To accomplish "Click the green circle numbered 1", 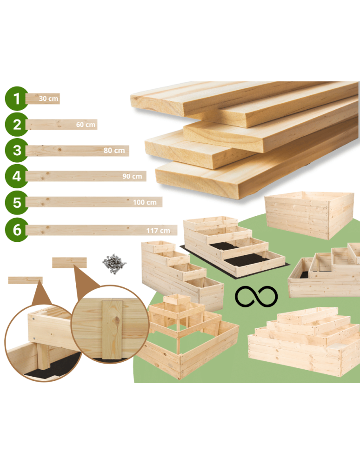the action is (17, 99).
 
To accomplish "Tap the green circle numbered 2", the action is (17, 124).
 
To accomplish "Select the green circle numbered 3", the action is (17, 150).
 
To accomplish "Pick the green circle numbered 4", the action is (17, 176).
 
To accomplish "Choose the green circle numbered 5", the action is (17, 203).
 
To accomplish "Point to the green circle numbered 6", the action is (17, 230).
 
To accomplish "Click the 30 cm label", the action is (48, 99).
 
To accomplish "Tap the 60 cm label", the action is (86, 125).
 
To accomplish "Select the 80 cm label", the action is (114, 150).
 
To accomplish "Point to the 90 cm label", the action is (132, 176).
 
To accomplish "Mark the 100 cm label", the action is (145, 202).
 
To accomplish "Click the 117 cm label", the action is (158, 231).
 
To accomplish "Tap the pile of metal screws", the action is (114, 264).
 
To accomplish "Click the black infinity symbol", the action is (256, 296).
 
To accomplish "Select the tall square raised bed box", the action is (309, 215).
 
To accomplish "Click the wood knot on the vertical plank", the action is (117, 320).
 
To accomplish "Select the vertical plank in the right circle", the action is (112, 330).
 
